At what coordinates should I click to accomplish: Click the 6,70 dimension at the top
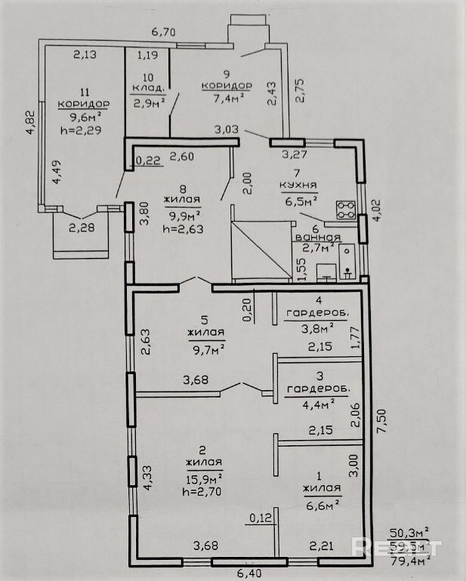click(163, 32)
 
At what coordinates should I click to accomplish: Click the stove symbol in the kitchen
click(346, 209)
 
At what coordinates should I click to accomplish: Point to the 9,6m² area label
click(83, 117)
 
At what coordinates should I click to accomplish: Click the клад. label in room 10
click(147, 90)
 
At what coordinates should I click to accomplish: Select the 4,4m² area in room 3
click(318, 404)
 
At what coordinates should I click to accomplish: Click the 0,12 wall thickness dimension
click(259, 518)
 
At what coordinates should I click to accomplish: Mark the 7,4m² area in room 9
click(226, 98)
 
